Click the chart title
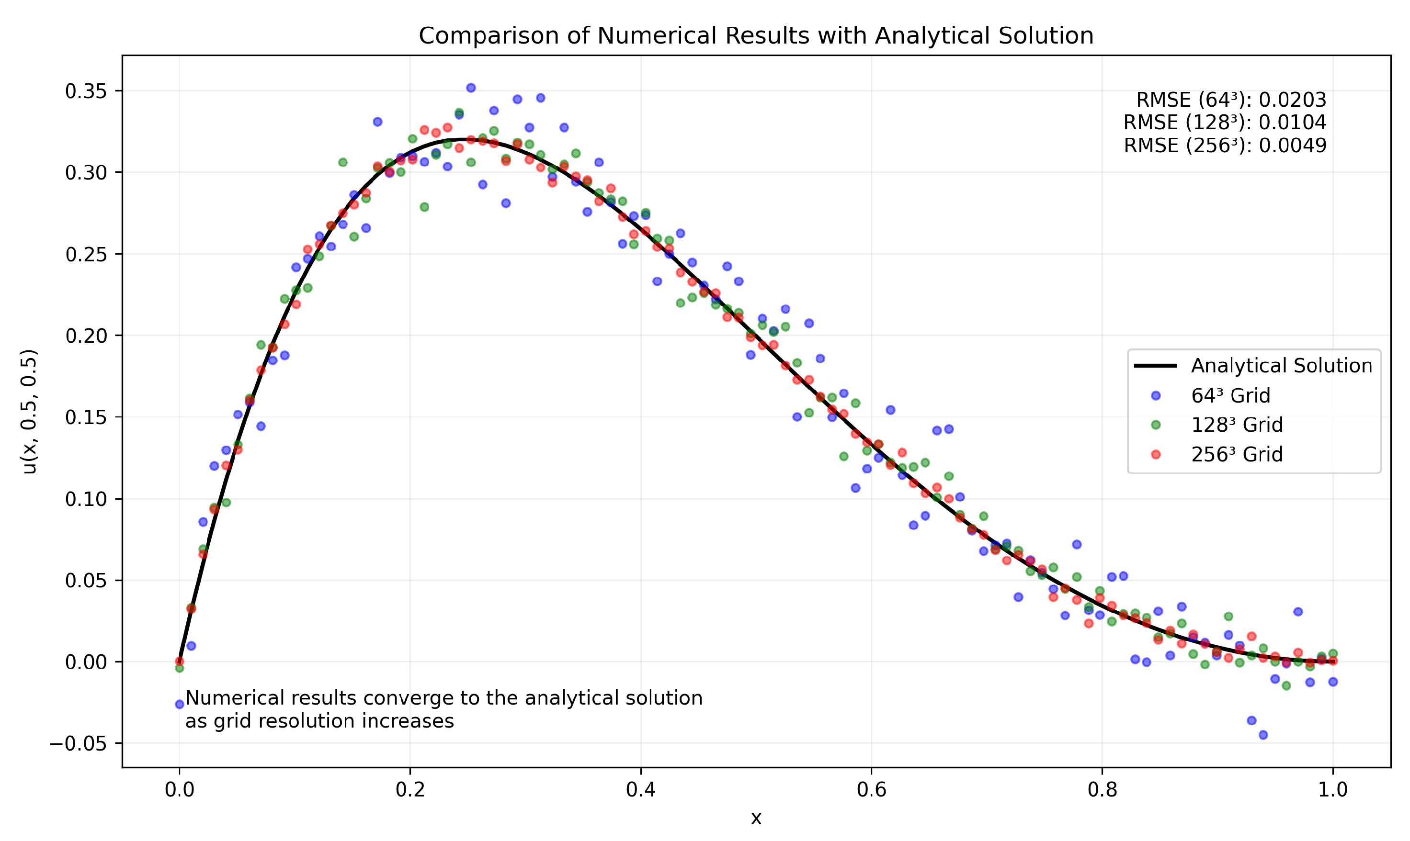point(756,36)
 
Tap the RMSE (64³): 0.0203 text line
point(1231,101)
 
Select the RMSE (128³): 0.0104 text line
point(1225,123)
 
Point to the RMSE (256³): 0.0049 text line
point(1225,146)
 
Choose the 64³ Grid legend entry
point(1230,395)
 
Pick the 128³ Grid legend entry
point(1236,425)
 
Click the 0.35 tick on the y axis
point(86,91)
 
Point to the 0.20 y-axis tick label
point(86,336)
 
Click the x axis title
point(756,818)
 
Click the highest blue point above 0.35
point(471,88)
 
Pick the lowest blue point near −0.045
point(1263,735)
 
